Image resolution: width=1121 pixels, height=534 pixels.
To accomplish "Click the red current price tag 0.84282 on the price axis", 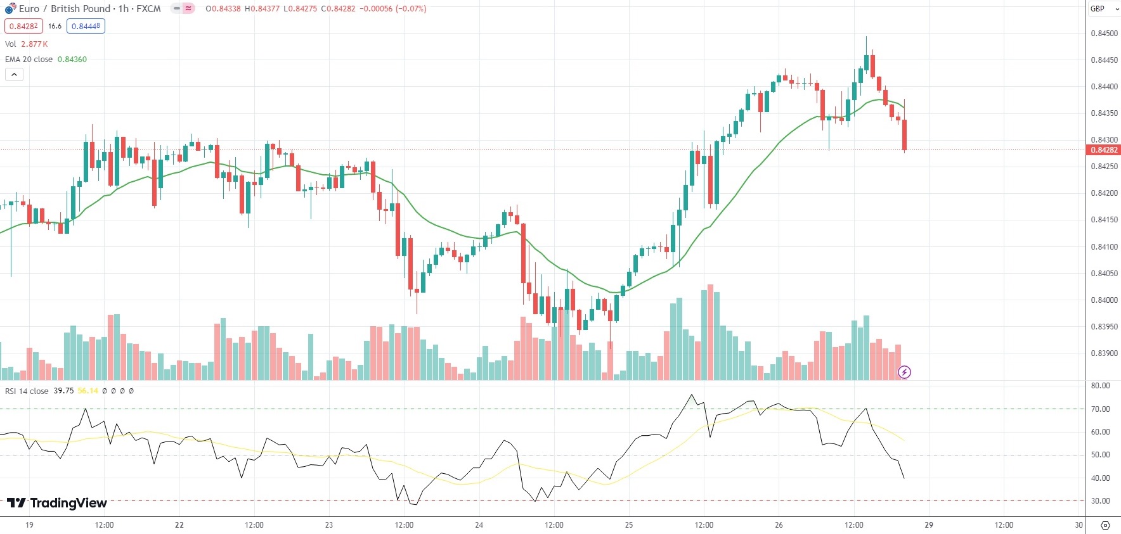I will (1104, 150).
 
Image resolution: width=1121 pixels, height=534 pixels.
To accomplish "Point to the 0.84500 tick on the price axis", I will (1104, 34).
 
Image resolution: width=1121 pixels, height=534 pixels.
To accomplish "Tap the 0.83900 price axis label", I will (1104, 353).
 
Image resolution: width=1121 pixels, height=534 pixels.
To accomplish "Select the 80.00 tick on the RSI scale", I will (1100, 386).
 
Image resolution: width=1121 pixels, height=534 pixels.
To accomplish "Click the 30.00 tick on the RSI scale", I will (1100, 501).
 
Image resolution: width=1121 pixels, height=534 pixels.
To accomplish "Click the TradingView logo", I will (57, 503).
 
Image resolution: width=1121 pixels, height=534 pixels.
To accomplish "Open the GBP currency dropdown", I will (1103, 9).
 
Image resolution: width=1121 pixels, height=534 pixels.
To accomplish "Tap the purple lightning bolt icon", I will (905, 372).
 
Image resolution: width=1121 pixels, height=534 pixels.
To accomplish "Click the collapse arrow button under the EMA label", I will (14, 75).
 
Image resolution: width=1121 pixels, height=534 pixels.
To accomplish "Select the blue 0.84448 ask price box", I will (86, 26).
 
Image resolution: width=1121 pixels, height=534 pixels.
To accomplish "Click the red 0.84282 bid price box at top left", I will (23, 26).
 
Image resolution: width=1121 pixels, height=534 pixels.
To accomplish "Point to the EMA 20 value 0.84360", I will (72, 60).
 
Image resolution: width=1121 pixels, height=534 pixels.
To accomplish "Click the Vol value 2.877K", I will (34, 44).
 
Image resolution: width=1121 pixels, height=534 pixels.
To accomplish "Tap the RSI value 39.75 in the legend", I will (63, 391).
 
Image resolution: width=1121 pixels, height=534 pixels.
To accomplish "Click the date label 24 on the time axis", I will (479, 525).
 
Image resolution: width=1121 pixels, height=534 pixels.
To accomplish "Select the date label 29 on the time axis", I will (929, 525).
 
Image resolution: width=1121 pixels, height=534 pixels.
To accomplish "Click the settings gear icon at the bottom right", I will (1105, 525).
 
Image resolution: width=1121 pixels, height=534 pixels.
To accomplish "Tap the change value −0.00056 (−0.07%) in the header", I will (393, 9).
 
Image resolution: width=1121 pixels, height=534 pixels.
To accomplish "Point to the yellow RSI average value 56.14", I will (88, 391).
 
